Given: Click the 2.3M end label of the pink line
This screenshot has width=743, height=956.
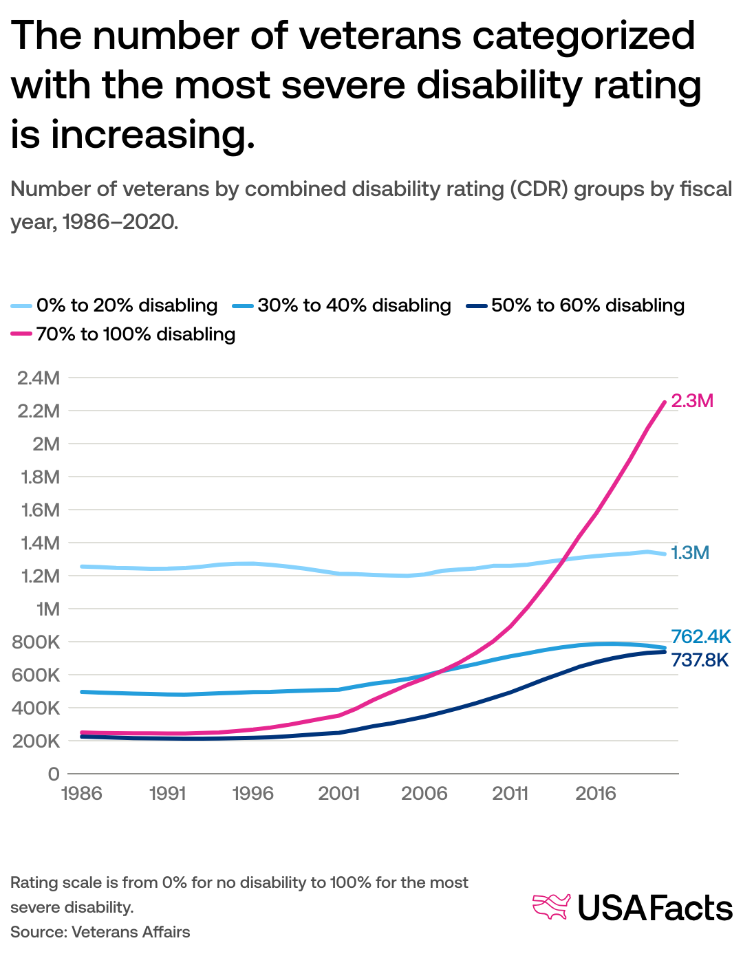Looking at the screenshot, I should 692,401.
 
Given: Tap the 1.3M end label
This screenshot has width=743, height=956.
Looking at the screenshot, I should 690,553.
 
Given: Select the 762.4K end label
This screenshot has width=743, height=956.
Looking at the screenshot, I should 700,636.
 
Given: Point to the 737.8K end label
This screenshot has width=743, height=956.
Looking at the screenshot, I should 700,660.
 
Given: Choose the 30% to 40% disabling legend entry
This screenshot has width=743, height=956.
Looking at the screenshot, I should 354,305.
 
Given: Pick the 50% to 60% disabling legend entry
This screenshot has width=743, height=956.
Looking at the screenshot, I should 588,305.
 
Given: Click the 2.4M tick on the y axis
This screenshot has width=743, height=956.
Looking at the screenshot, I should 39,378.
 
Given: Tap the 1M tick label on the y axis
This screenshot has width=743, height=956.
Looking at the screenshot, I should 47,609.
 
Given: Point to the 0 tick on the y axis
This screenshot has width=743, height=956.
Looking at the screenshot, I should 54,774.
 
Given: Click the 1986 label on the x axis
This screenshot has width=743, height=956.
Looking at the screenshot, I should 81,794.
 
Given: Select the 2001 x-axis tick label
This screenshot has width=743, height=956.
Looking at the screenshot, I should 338,794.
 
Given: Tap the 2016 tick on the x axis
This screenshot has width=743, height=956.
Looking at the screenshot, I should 596,794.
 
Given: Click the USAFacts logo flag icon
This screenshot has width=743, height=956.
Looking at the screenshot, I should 552,906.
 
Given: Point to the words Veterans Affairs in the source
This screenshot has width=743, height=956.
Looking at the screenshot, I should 131,932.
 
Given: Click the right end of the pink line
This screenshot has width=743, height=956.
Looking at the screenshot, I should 664,402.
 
